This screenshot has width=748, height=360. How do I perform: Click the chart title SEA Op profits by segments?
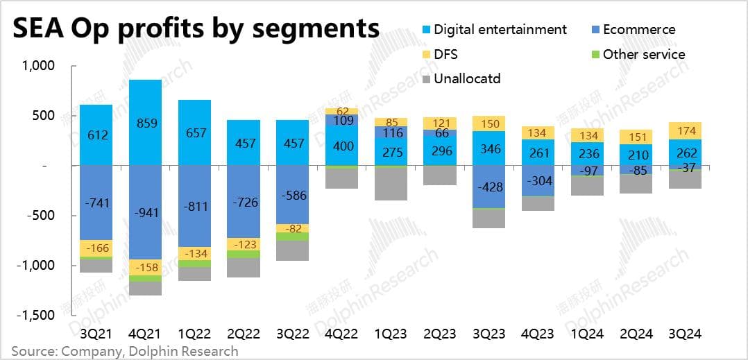196,28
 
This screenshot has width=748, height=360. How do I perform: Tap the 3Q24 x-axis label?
683,334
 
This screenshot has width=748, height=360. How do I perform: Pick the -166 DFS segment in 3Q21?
97,248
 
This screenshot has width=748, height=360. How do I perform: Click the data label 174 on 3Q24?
684,130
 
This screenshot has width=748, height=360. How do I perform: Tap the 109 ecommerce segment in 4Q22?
341,119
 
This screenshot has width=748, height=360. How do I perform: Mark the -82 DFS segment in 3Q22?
293,228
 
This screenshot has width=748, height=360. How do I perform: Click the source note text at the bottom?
124,351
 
